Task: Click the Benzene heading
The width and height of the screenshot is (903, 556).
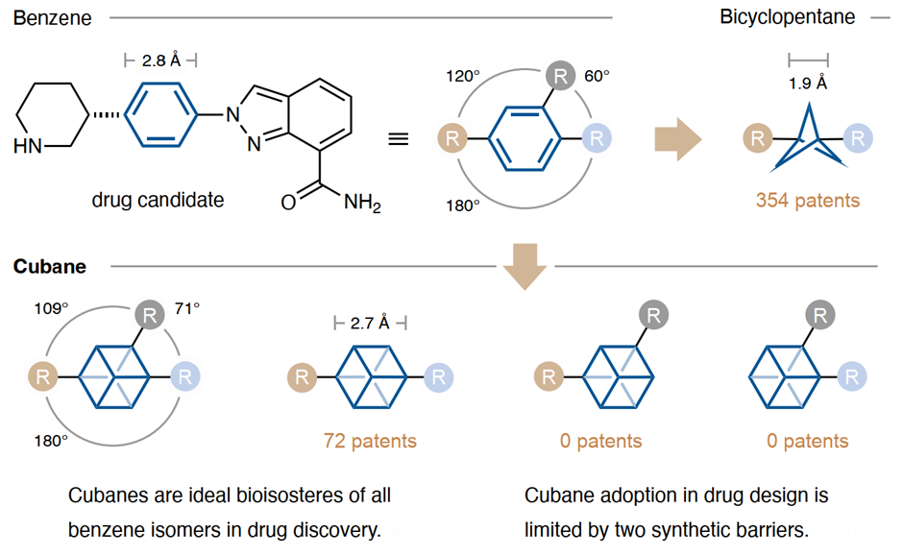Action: click(52, 18)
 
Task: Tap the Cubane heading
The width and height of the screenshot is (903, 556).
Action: click(49, 266)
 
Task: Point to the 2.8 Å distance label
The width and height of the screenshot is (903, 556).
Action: click(160, 60)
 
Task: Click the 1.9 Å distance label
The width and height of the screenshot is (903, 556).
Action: click(807, 83)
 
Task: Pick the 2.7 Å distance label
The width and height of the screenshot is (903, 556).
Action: click(370, 323)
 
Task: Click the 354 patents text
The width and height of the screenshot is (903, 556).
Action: click(807, 200)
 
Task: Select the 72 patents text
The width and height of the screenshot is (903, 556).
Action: click(370, 441)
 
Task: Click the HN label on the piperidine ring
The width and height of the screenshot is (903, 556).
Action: click(29, 148)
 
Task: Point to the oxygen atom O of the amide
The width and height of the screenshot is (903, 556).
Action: click(288, 203)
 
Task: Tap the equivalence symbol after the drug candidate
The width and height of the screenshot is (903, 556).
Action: click(398, 138)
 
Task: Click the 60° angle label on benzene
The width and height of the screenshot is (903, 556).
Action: click(597, 75)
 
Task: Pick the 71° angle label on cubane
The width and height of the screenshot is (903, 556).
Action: click(186, 308)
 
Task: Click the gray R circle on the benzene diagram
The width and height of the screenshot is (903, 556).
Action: click(560, 75)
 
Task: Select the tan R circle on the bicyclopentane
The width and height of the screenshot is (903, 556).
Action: click(757, 138)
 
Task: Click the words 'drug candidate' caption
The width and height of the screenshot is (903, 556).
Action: click(158, 200)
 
